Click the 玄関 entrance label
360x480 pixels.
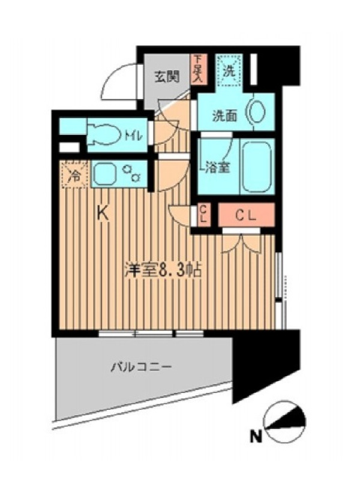point(167,76)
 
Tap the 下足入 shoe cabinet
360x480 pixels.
point(200,70)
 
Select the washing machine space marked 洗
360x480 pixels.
point(229,70)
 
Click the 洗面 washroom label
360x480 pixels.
point(225,115)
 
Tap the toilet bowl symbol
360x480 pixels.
point(103,134)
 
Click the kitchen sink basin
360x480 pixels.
point(104,174)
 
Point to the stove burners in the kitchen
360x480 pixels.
point(132,173)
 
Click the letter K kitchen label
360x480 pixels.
point(103,213)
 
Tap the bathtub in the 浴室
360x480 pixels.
point(257,166)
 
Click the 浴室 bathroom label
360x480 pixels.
point(217,167)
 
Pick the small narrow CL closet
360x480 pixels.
point(203,215)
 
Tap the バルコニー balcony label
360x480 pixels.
point(141,366)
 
